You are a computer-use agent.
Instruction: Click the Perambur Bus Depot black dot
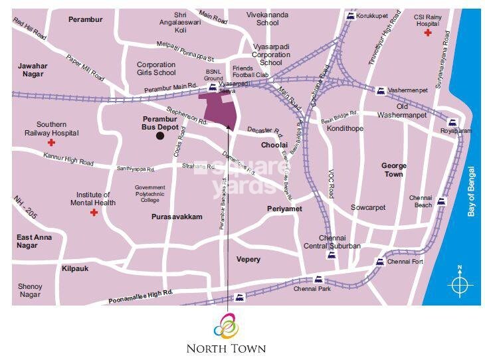[159, 136]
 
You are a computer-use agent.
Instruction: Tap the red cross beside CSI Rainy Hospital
[429, 33]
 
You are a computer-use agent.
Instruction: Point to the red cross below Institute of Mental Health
[94, 213]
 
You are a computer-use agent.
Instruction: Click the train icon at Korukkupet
[349, 14]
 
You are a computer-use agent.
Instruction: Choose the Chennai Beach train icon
[442, 201]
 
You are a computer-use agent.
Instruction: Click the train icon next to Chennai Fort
[380, 262]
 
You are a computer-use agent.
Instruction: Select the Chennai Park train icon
[318, 279]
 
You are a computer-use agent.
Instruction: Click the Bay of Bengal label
[472, 191]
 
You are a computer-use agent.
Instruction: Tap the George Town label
[393, 169]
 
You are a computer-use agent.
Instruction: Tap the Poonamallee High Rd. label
[140, 297]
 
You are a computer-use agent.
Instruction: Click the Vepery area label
[248, 259]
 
